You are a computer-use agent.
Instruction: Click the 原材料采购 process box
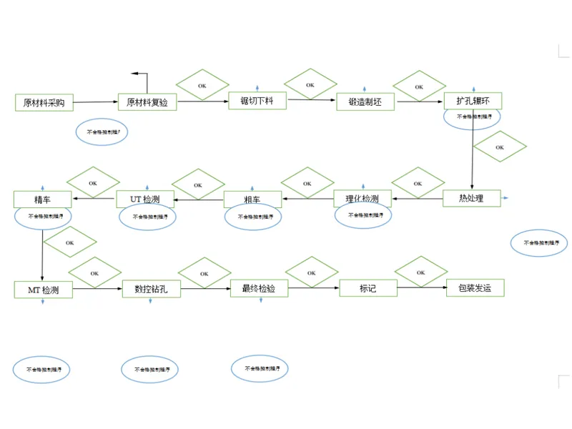[x=44, y=102]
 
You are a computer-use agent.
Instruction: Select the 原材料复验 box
[x=147, y=102]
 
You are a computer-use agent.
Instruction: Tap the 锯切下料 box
[x=257, y=101]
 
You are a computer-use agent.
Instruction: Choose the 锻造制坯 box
[x=365, y=102]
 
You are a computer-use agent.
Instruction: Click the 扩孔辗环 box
[x=473, y=101]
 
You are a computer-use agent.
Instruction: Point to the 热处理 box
[x=471, y=198]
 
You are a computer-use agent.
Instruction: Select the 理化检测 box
[x=363, y=199]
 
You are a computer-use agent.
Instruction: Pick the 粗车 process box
[x=252, y=199]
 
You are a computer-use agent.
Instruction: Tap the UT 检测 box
[x=145, y=199]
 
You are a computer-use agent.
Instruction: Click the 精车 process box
[x=42, y=199]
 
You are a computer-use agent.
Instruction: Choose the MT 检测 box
[x=43, y=290]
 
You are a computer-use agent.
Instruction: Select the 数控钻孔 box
[x=152, y=290]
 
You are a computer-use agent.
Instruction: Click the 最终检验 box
[x=259, y=288]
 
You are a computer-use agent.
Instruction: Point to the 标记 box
[x=368, y=288]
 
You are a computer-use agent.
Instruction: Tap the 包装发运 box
[x=475, y=288]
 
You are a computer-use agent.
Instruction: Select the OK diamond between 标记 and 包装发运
[x=421, y=272]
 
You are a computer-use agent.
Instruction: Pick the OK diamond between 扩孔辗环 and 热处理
[x=500, y=147]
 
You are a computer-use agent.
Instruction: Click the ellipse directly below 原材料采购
[x=102, y=132]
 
